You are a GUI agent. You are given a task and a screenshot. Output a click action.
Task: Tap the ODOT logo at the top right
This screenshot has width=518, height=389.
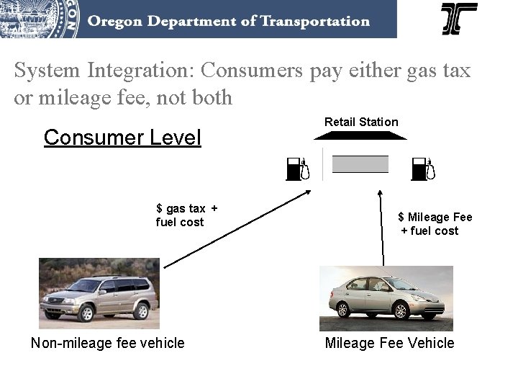459,19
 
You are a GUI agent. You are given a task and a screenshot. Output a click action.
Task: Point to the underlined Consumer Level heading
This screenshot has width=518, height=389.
122,137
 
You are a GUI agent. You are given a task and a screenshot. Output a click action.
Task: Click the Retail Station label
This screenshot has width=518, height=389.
361,122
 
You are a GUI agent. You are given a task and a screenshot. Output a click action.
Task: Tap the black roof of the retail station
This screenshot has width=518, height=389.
360,135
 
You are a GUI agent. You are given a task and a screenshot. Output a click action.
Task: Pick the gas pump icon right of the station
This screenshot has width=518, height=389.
424,169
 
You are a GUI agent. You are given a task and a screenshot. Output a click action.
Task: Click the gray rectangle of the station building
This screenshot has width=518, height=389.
360,164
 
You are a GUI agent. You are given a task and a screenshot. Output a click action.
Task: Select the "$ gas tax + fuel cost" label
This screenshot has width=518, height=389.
186,215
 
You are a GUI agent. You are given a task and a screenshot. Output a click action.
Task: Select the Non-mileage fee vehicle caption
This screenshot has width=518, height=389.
108,343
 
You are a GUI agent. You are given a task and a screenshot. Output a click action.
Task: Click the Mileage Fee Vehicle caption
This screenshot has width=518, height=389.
389,343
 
